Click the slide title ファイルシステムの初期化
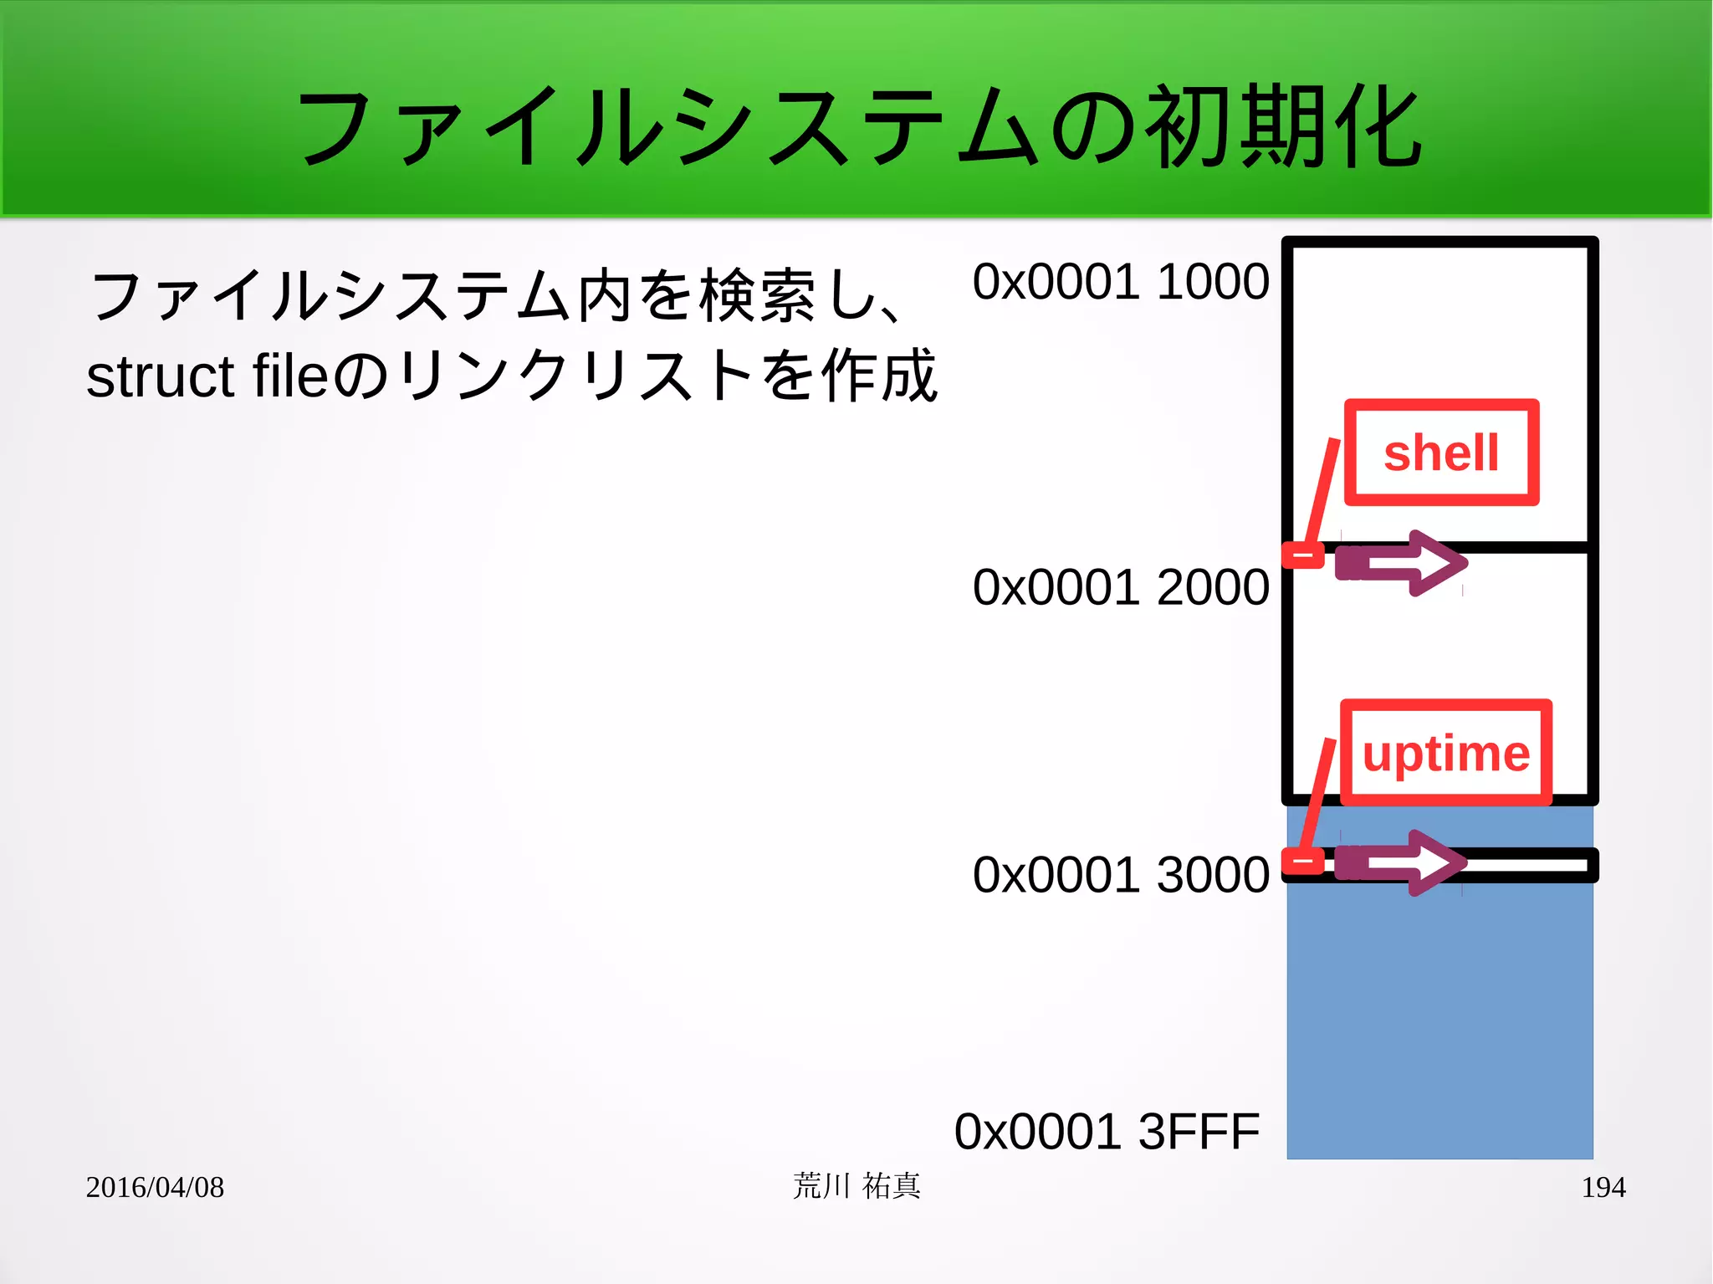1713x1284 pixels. pyautogui.click(x=858, y=127)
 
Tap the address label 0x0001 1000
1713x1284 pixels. pyautogui.click(x=1120, y=281)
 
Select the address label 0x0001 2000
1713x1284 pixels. pyautogui.click(x=1120, y=586)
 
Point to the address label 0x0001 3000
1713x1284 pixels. pyautogui.click(x=1120, y=874)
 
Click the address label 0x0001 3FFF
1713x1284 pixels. pyautogui.click(x=1106, y=1131)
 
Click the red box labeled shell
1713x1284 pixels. pyautogui.click(x=1441, y=453)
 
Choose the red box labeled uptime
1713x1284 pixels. pyautogui.click(x=1445, y=753)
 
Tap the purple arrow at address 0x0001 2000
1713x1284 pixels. pyautogui.click(x=1402, y=563)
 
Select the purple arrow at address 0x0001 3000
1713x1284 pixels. pyautogui.click(x=1402, y=862)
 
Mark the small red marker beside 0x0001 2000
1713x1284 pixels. pyautogui.click(x=1303, y=555)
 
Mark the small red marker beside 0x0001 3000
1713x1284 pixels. pyautogui.click(x=1303, y=861)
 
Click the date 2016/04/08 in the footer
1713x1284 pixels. pyautogui.click(x=155, y=1187)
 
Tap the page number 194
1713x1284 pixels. pyautogui.click(x=1603, y=1187)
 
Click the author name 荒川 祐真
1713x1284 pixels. pyautogui.click(x=856, y=1186)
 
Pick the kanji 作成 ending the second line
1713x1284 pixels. pyautogui.click(x=879, y=376)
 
